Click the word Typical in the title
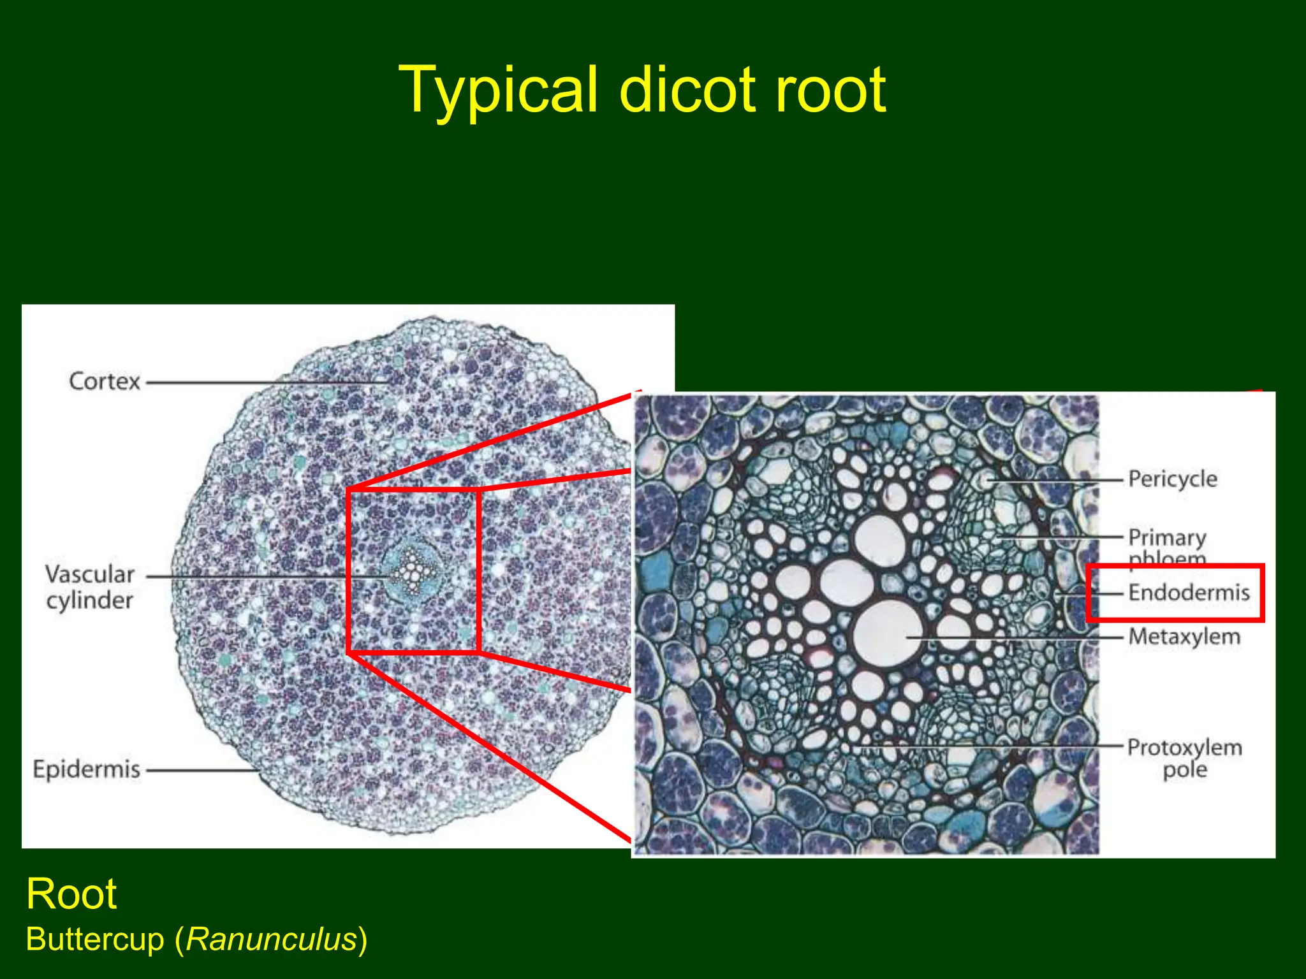(498, 91)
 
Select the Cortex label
(105, 381)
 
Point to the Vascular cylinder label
(90, 587)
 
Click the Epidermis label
(87, 769)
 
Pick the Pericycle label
(1172, 479)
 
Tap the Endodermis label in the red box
(1189, 593)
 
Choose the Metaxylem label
(1184, 637)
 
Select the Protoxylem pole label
(1184, 758)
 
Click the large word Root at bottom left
(71, 894)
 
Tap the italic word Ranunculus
(272, 939)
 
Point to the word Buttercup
(95, 939)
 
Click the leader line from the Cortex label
(268, 383)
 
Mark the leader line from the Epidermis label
(201, 770)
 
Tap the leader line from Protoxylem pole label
(988, 746)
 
